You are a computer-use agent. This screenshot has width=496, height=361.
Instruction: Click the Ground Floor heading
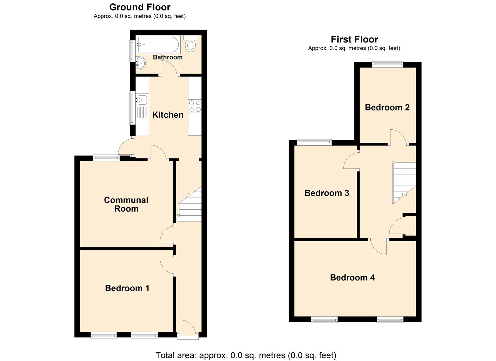(x=140, y=7)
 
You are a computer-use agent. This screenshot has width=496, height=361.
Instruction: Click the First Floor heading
(x=354, y=39)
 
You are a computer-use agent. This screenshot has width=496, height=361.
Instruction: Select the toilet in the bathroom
(x=191, y=45)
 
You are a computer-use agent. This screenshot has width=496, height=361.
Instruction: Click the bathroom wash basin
(x=140, y=63)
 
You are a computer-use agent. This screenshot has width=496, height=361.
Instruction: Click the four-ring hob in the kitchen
(x=195, y=106)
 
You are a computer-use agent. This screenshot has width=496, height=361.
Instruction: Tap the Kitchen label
(x=168, y=115)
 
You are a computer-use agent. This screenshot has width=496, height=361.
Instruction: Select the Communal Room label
(x=126, y=204)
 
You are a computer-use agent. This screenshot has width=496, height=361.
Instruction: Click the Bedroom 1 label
(x=127, y=288)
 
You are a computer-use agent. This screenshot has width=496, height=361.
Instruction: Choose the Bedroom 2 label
(x=387, y=108)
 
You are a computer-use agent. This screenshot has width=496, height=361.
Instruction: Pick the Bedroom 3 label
(x=327, y=193)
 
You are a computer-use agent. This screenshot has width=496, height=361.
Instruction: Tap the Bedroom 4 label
(x=352, y=278)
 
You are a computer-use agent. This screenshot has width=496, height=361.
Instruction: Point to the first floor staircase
(x=404, y=182)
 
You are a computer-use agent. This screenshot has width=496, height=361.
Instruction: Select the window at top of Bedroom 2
(x=388, y=65)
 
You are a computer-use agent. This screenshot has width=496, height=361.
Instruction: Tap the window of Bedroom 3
(x=314, y=142)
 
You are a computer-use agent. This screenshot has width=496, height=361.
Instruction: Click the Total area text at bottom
(x=246, y=355)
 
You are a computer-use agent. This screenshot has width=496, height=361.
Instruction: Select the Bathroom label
(x=168, y=57)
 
